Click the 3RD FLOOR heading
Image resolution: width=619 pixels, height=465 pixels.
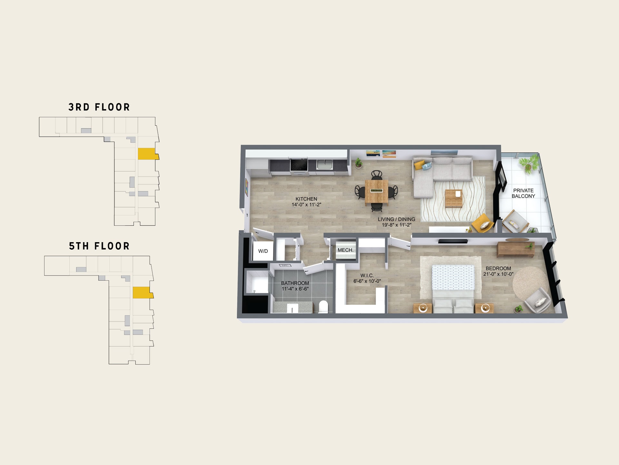click(99, 107)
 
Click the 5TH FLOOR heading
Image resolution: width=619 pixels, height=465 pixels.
click(99, 246)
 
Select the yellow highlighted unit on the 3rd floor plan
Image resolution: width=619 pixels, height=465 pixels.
click(148, 154)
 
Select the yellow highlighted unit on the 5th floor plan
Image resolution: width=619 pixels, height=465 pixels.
click(142, 293)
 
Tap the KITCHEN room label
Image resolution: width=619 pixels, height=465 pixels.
click(306, 199)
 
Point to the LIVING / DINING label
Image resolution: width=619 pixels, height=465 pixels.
click(397, 219)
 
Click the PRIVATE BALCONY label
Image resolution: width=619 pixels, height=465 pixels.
click(523, 193)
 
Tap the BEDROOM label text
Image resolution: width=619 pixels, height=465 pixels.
click(498, 268)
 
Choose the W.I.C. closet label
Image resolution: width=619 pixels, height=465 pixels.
click(367, 275)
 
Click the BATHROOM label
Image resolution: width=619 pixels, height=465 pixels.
click(295, 283)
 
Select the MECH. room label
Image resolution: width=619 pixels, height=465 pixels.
click(346, 250)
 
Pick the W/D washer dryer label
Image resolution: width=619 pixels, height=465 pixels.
click(263, 251)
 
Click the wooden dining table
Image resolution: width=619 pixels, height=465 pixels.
click(377, 191)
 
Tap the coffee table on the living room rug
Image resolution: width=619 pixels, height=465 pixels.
click(454, 198)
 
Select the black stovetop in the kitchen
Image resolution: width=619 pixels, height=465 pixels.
click(299, 165)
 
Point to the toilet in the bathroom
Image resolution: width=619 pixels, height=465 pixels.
click(323, 306)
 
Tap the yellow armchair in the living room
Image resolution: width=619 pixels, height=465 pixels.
click(483, 223)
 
